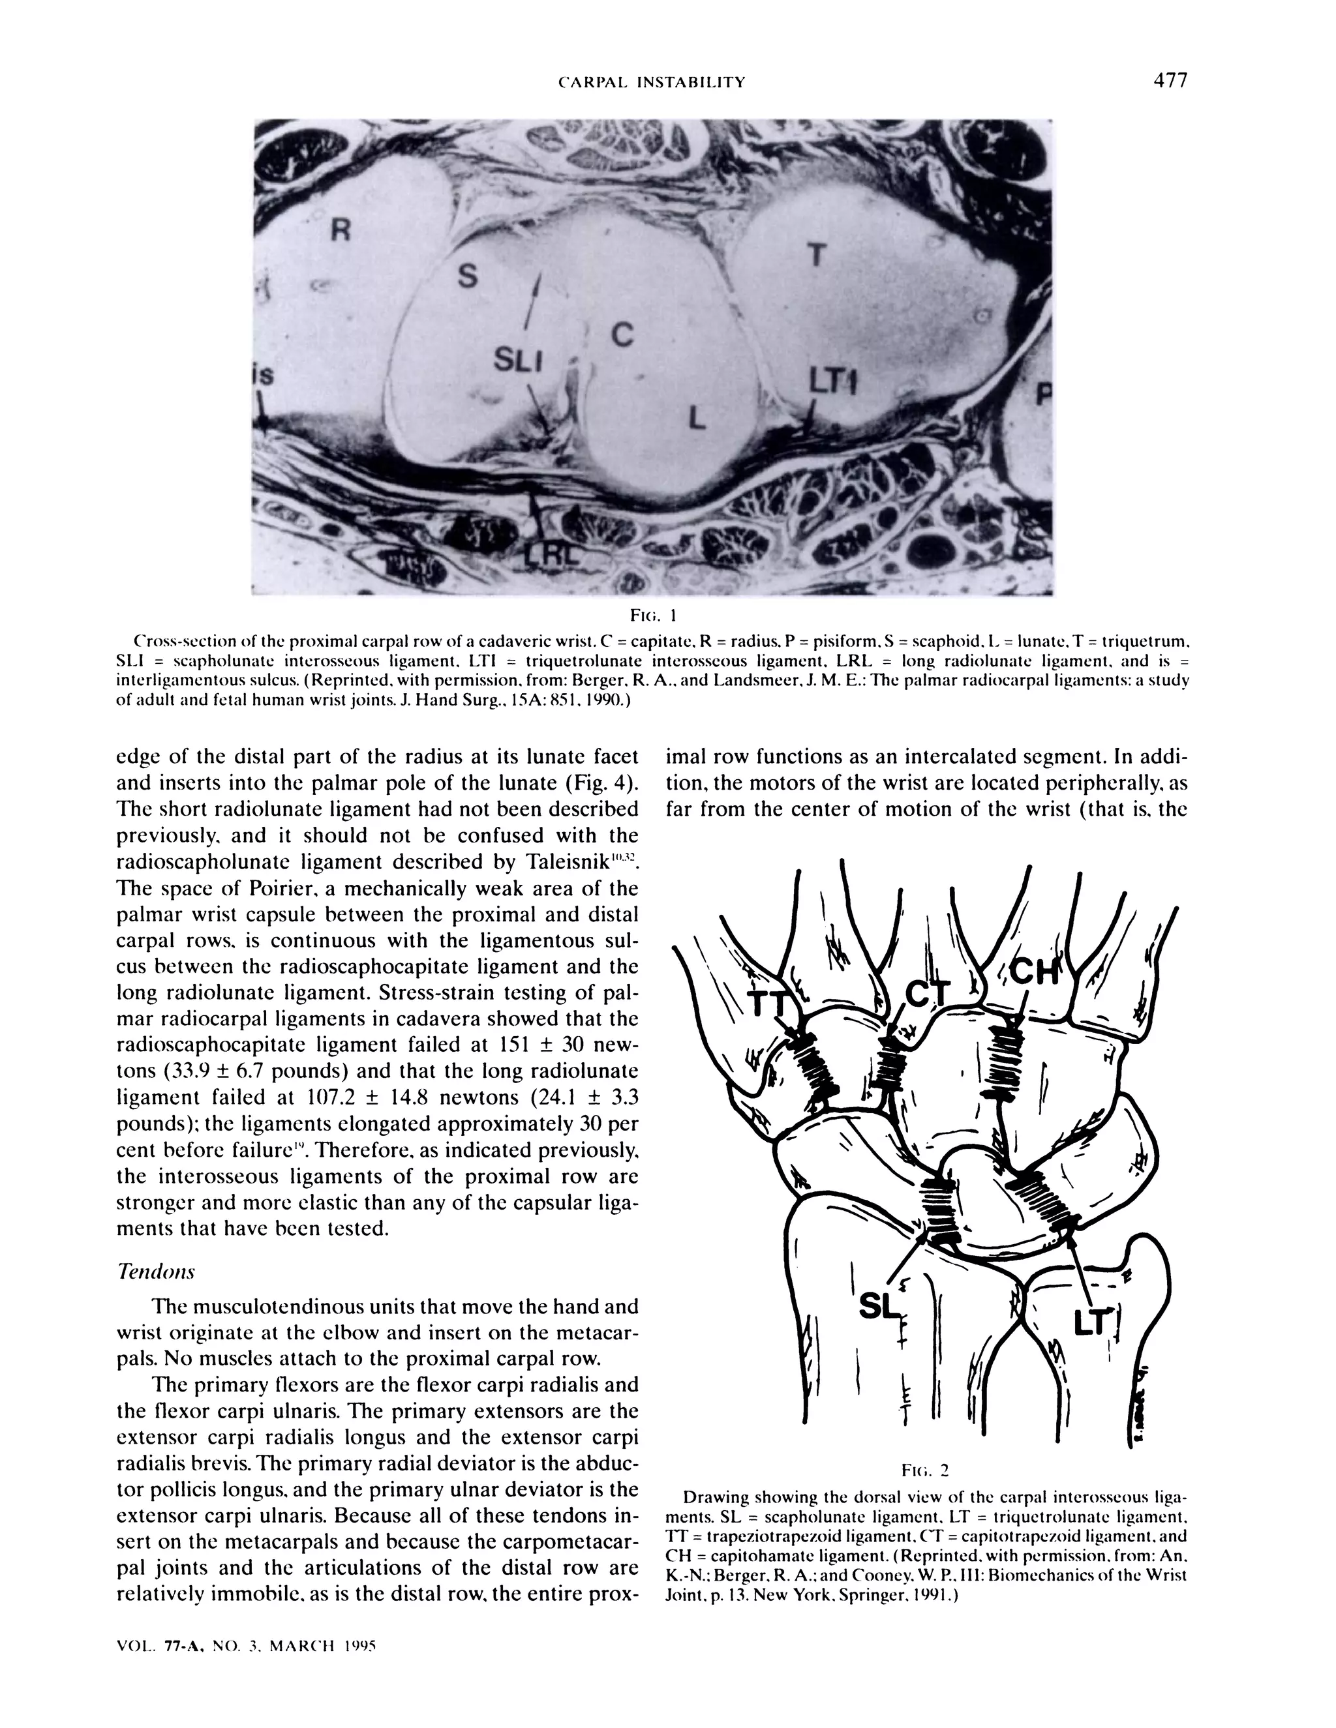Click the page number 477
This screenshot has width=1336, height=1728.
click(x=1170, y=81)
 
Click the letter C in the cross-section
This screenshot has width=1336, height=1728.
click(x=622, y=335)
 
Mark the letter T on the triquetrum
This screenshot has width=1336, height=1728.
click(x=816, y=256)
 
